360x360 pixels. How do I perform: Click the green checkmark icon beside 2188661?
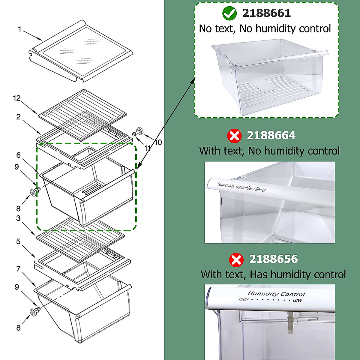pyautogui.click(x=229, y=13)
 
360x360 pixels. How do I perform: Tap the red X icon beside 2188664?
pyautogui.click(x=234, y=136)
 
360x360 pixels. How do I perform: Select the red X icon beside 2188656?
pyautogui.click(x=236, y=259)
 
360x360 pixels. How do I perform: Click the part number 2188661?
pyautogui.click(x=266, y=13)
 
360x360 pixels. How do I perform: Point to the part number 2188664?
pyautogui.click(x=271, y=136)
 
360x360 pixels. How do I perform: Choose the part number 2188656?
pyautogui.click(x=273, y=259)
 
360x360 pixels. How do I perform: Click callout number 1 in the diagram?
pyautogui.click(x=19, y=29)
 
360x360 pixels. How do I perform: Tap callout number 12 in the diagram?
pyautogui.click(x=17, y=98)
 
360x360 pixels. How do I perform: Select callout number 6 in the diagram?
pyautogui.click(x=18, y=155)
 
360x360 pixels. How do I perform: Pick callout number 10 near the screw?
pyautogui.click(x=158, y=142)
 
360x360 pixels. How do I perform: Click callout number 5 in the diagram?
pyautogui.click(x=18, y=241)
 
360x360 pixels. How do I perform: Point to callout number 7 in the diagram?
pyautogui.click(x=18, y=268)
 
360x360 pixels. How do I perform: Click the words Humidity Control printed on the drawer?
pyautogui.click(x=276, y=294)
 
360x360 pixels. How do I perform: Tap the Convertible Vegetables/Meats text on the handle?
pyautogui.click(x=241, y=187)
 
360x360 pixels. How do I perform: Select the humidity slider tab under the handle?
pyautogui.click(x=290, y=322)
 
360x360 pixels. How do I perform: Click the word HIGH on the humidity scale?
pyautogui.click(x=243, y=299)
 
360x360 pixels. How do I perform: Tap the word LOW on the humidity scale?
pyautogui.click(x=297, y=300)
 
